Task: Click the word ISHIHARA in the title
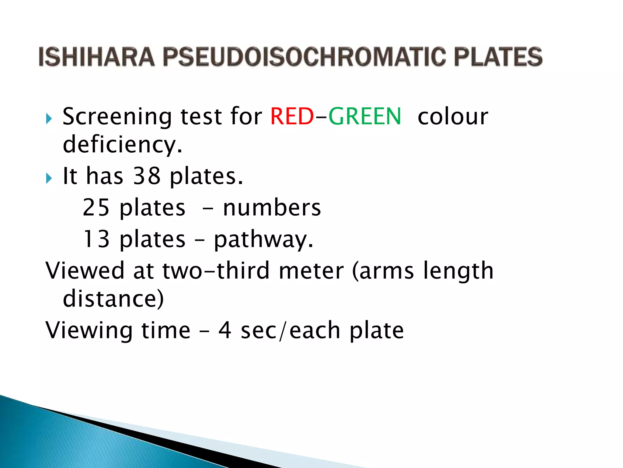click(97, 57)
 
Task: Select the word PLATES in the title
click(498, 57)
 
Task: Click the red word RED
click(292, 116)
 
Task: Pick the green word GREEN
click(365, 116)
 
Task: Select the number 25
click(96, 207)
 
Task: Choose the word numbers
click(272, 207)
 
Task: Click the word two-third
click(216, 270)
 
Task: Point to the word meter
click(311, 270)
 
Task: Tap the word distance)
click(113, 299)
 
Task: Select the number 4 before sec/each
click(225, 330)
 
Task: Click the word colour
click(453, 116)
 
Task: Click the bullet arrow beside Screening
click(49, 119)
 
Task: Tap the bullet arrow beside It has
click(49, 178)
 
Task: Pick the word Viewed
click(85, 270)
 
